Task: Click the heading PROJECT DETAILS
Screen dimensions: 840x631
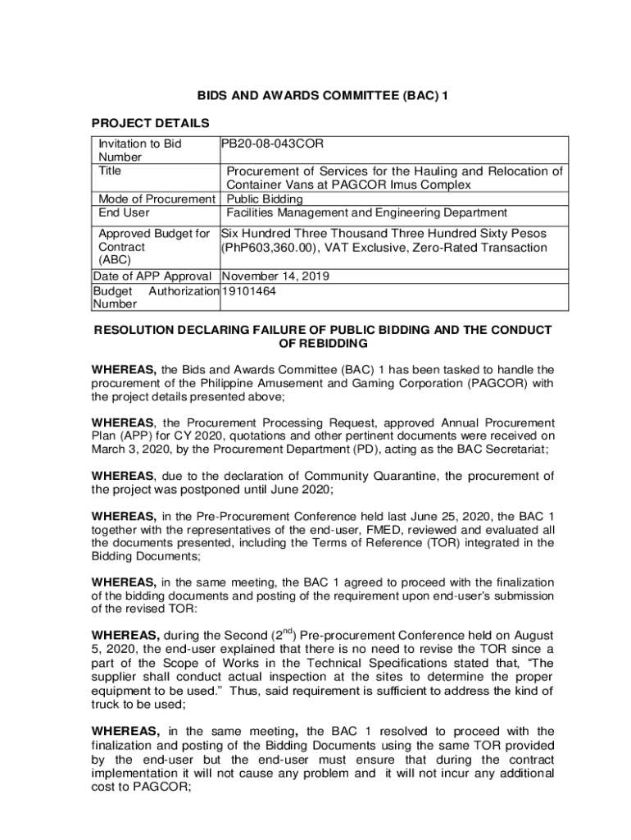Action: tap(150, 123)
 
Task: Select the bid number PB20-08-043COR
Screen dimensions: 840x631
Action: tap(273, 144)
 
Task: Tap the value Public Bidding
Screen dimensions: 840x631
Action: tap(265, 199)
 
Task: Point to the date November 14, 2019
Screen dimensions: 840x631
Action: tap(276, 276)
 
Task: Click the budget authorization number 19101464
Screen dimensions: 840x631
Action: tap(251, 290)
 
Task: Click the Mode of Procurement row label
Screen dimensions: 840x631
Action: tap(157, 199)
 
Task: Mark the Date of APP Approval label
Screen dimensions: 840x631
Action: tap(153, 276)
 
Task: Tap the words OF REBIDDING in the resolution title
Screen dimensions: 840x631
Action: tap(323, 343)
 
